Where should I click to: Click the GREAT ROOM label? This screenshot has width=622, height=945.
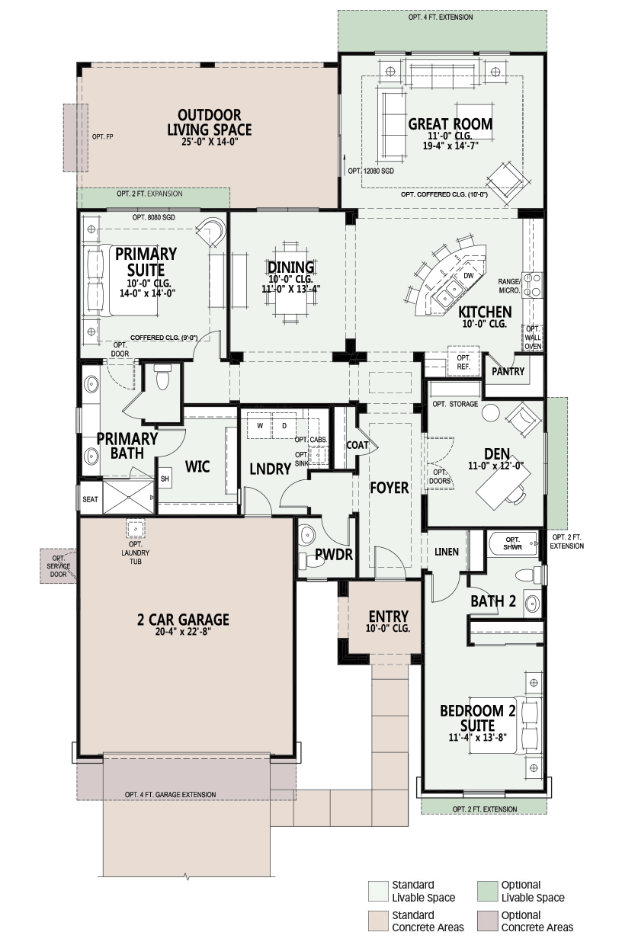[450, 124]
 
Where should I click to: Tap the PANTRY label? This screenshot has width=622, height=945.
[508, 371]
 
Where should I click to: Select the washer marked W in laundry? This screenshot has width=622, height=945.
[259, 426]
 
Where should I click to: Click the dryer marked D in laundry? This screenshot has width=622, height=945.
[284, 426]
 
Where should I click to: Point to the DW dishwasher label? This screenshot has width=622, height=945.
[468, 275]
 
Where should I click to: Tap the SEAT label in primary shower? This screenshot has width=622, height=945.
[90, 499]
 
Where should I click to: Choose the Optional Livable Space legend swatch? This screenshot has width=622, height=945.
[487, 891]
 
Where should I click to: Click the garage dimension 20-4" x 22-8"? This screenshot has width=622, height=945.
[183, 632]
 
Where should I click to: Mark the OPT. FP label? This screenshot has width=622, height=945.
[103, 136]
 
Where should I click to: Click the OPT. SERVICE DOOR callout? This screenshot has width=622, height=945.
[59, 566]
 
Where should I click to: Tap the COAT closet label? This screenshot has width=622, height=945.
[357, 445]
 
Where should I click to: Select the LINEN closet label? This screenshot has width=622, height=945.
[447, 552]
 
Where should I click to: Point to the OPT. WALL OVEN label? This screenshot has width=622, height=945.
[533, 338]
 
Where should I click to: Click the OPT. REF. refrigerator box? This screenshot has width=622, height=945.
[463, 362]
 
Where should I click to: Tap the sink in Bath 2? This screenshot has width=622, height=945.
[533, 604]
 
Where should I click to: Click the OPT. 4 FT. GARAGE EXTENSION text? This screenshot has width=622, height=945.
[171, 794]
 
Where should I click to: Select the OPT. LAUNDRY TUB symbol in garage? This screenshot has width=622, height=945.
[136, 528]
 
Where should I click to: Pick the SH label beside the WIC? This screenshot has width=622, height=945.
[165, 479]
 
